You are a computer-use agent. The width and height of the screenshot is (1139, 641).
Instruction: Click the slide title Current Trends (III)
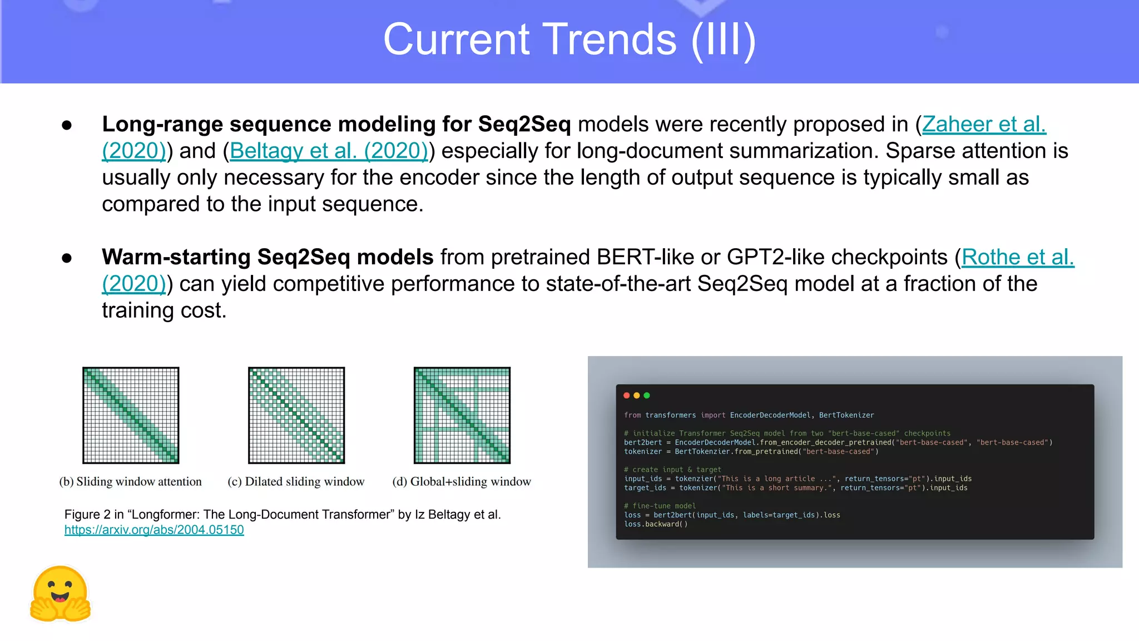tap(569, 40)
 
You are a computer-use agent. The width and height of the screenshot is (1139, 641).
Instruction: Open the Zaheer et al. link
tap(983, 124)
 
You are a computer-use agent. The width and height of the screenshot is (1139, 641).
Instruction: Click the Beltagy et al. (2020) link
tap(329, 151)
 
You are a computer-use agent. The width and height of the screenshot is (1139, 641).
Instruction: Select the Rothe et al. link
tap(1017, 257)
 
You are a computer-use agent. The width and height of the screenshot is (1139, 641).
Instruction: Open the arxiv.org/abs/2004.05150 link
tap(154, 530)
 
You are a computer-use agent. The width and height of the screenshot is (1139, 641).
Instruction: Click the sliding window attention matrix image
tap(131, 415)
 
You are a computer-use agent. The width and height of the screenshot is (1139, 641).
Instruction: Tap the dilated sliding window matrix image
tap(296, 415)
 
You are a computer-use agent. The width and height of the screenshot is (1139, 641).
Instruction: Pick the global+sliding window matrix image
tap(462, 415)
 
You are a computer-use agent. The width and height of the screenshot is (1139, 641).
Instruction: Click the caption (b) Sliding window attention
tap(131, 481)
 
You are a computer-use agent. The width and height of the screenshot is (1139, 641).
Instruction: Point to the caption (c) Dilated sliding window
tap(296, 481)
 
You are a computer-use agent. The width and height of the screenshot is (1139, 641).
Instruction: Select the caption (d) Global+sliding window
tap(462, 481)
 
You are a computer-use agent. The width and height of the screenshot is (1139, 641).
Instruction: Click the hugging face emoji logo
tap(60, 594)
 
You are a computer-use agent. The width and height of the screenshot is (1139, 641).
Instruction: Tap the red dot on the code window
tap(627, 396)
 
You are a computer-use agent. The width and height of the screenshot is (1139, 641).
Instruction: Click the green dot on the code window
tap(647, 396)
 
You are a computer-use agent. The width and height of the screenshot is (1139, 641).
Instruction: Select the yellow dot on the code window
tap(637, 396)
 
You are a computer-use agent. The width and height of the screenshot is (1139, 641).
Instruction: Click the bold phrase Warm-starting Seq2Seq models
tap(267, 257)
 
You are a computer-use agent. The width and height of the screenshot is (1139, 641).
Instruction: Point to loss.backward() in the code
tap(656, 524)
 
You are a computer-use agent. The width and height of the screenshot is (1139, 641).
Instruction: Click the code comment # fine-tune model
tap(660, 506)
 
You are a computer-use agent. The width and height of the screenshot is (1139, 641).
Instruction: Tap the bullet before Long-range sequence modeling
tap(67, 125)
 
